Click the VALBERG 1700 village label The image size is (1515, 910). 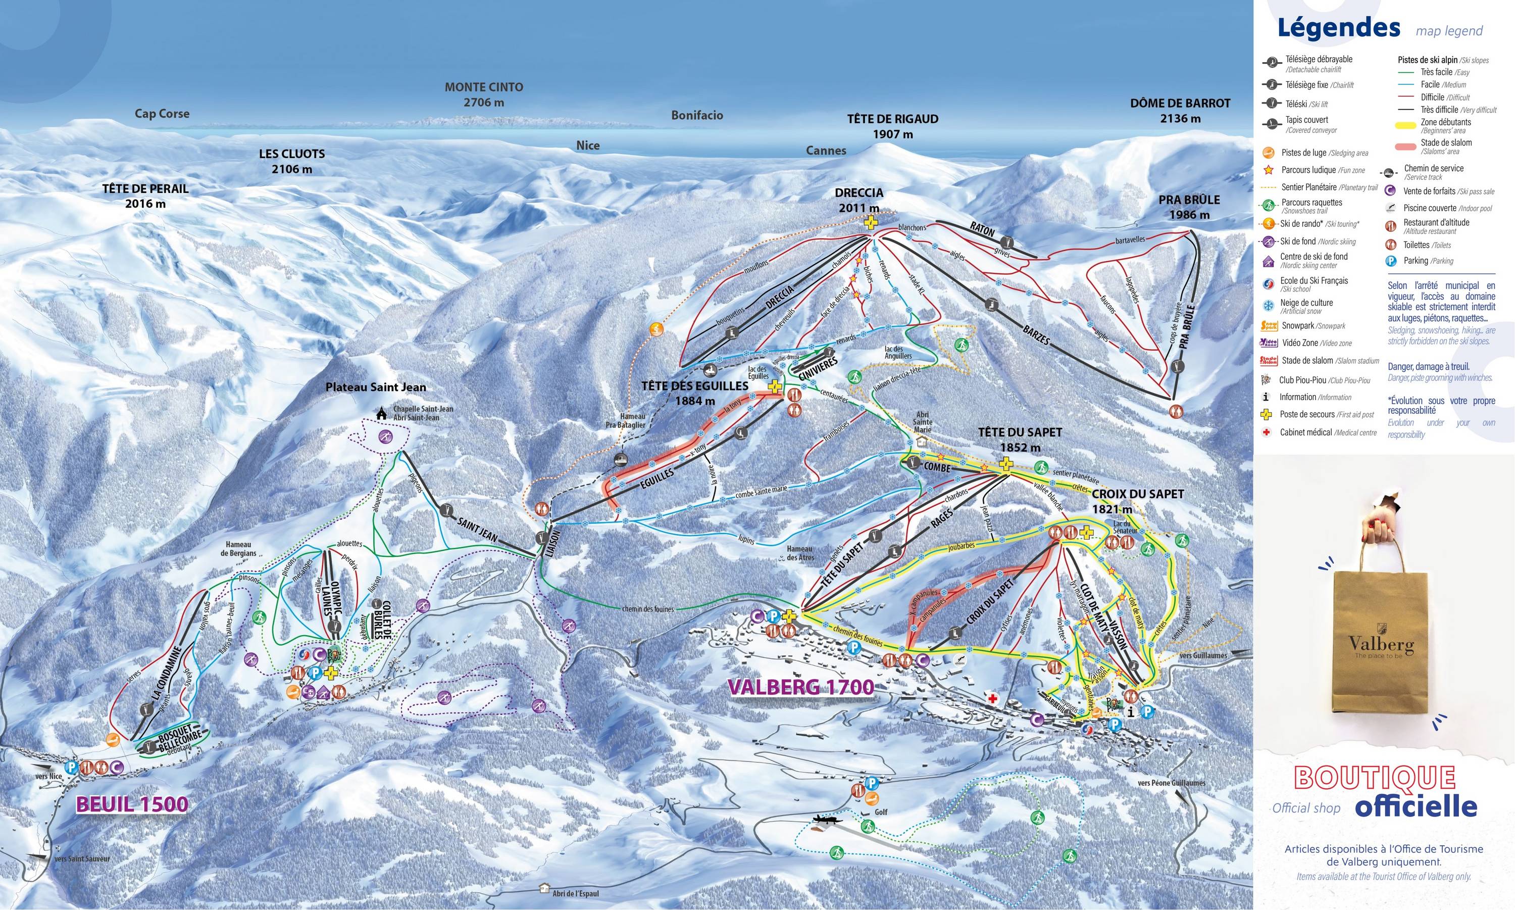800,686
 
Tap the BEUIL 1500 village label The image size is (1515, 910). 132,804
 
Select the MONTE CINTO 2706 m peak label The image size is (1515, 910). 484,94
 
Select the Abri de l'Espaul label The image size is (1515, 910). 575,893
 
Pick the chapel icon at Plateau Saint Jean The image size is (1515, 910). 382,414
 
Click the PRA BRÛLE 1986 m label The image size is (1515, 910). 1189,207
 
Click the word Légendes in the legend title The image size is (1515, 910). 1338,28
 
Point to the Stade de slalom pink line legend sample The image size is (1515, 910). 1405,147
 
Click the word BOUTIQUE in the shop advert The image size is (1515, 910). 1375,778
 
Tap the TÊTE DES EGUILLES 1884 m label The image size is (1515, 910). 694,393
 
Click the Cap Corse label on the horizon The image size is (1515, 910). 162,114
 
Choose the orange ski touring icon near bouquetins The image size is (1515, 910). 656,329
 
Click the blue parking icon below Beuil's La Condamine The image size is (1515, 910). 71,767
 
